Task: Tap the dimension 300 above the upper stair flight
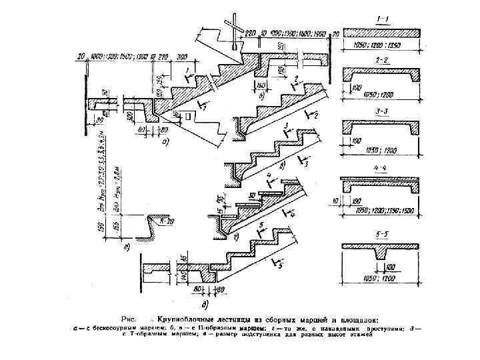coord(201,58)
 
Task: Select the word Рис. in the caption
coord(129,317)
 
